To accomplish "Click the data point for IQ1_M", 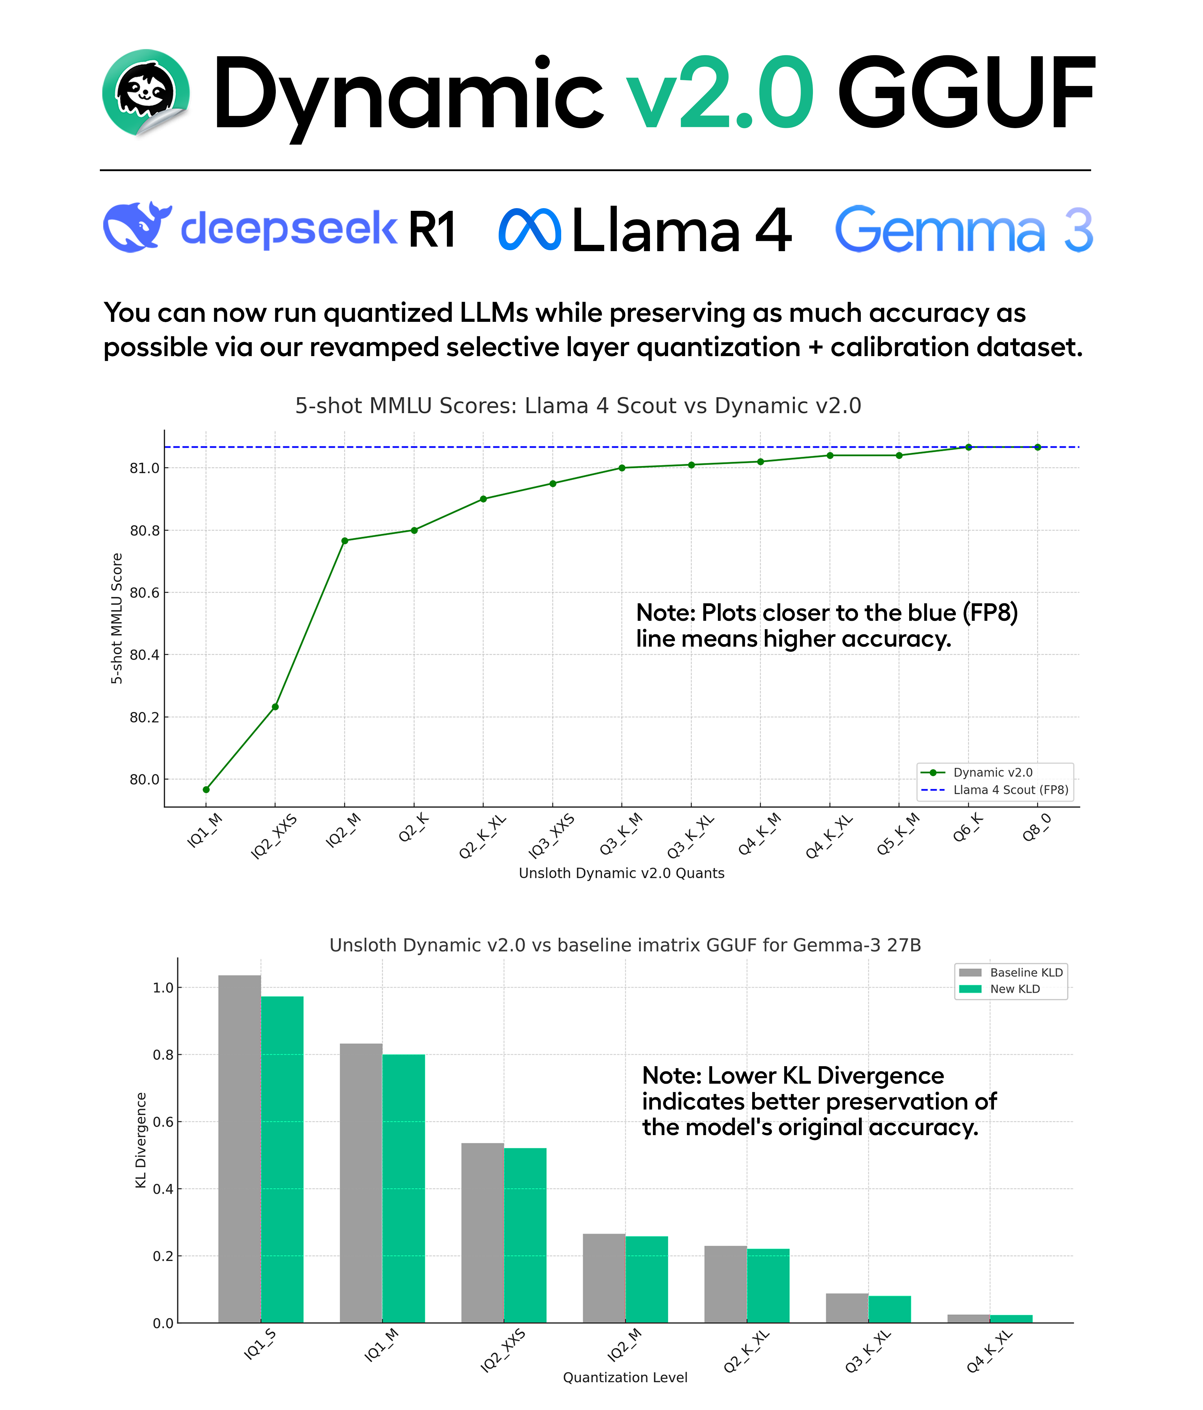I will point(206,790).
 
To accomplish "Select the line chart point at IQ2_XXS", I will point(275,707).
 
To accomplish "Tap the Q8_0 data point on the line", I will point(1038,447).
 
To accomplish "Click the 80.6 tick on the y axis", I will point(144,593).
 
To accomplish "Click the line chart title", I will point(578,405).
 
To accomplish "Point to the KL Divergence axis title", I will point(141,1140).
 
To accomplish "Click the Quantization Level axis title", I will point(625,1377).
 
